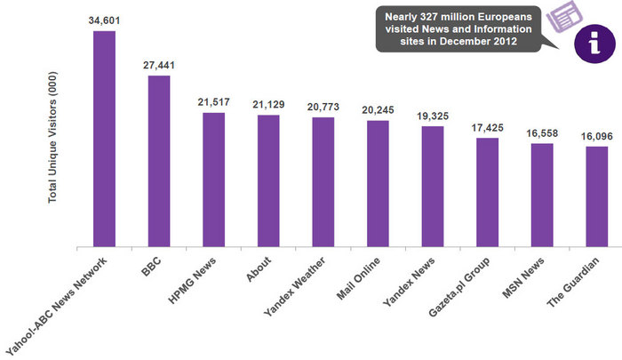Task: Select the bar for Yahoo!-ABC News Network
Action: [x=105, y=138]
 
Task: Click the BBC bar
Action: [x=159, y=160]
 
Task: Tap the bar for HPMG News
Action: [x=214, y=179]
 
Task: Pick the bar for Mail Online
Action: [x=378, y=182]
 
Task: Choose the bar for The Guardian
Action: [x=596, y=196]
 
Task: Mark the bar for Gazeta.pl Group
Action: [x=487, y=191]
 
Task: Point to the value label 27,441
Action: [x=159, y=65]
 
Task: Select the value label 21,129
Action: [x=268, y=105]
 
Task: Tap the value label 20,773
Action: [x=323, y=107]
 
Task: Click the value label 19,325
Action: [x=433, y=116]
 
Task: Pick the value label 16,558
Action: [x=542, y=132]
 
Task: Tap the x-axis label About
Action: [x=259, y=270]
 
